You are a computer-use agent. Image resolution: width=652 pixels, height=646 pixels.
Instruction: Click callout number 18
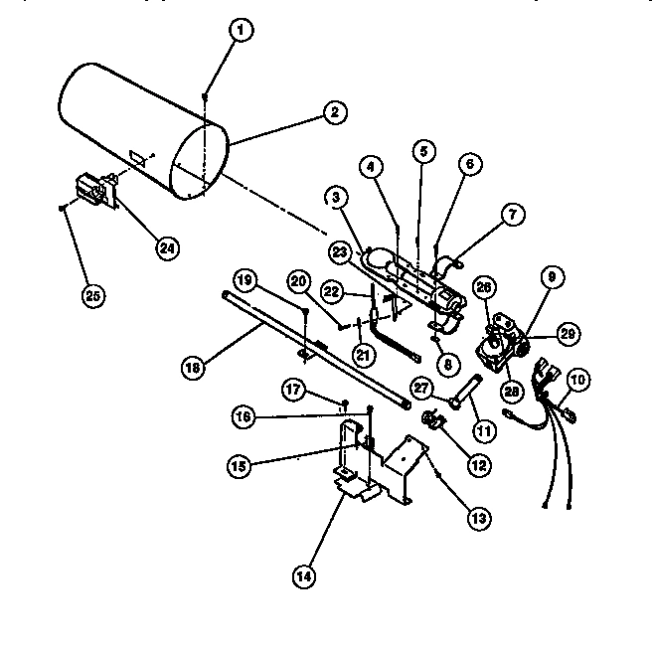pyautogui.click(x=192, y=367)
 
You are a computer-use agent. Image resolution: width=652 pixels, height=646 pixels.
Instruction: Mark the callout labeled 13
pyautogui.click(x=480, y=516)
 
